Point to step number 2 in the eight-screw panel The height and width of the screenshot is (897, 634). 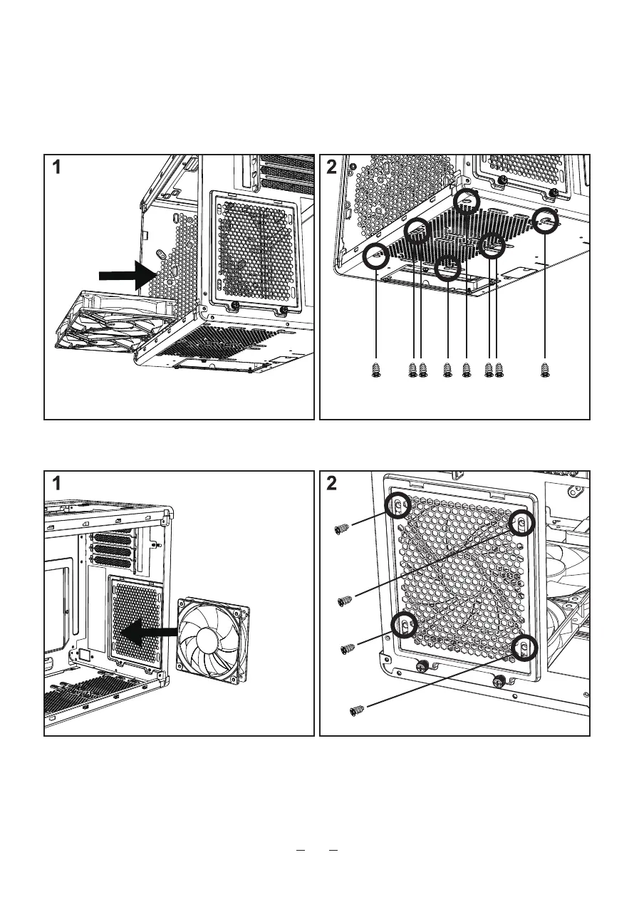coord(331,169)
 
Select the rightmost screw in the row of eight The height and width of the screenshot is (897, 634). coord(546,369)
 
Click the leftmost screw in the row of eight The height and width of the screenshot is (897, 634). coord(377,369)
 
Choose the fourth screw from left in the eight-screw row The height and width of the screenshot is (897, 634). coord(448,369)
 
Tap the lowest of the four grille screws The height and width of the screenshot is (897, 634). coord(358,710)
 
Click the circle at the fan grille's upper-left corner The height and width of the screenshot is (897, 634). coord(398,505)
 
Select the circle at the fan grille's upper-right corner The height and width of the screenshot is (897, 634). coord(523,522)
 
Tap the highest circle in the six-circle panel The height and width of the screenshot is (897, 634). coord(467,201)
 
